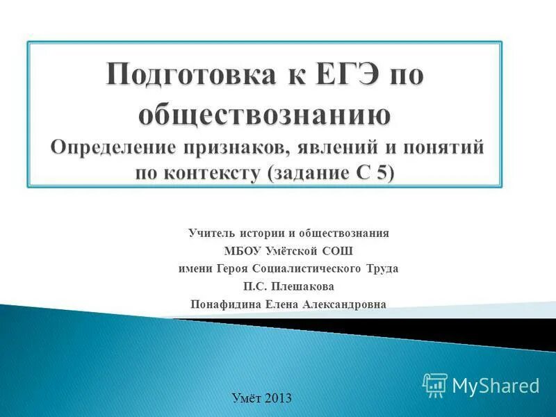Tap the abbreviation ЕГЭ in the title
(333, 74)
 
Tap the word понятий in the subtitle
(445, 147)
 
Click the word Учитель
(206, 233)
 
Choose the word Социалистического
(311, 268)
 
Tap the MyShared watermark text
(496, 385)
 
